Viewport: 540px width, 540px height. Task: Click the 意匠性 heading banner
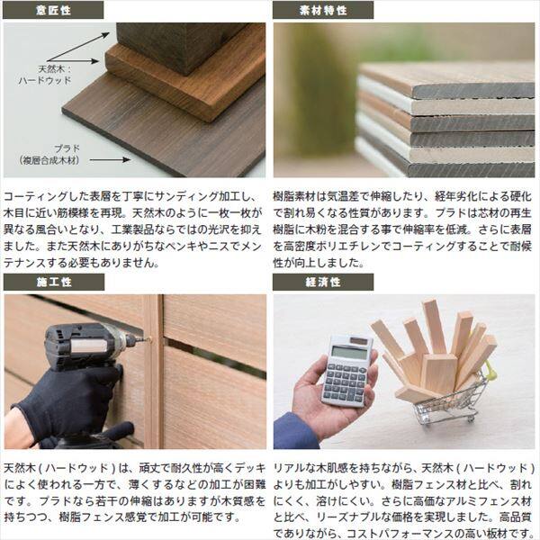pyautogui.click(x=52, y=10)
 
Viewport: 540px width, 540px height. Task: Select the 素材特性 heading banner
pyautogui.click(x=322, y=10)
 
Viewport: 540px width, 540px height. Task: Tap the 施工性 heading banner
pyautogui.click(x=52, y=283)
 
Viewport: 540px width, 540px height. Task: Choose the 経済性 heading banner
pyautogui.click(x=322, y=283)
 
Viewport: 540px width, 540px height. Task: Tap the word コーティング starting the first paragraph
pyautogui.click(x=35, y=195)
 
